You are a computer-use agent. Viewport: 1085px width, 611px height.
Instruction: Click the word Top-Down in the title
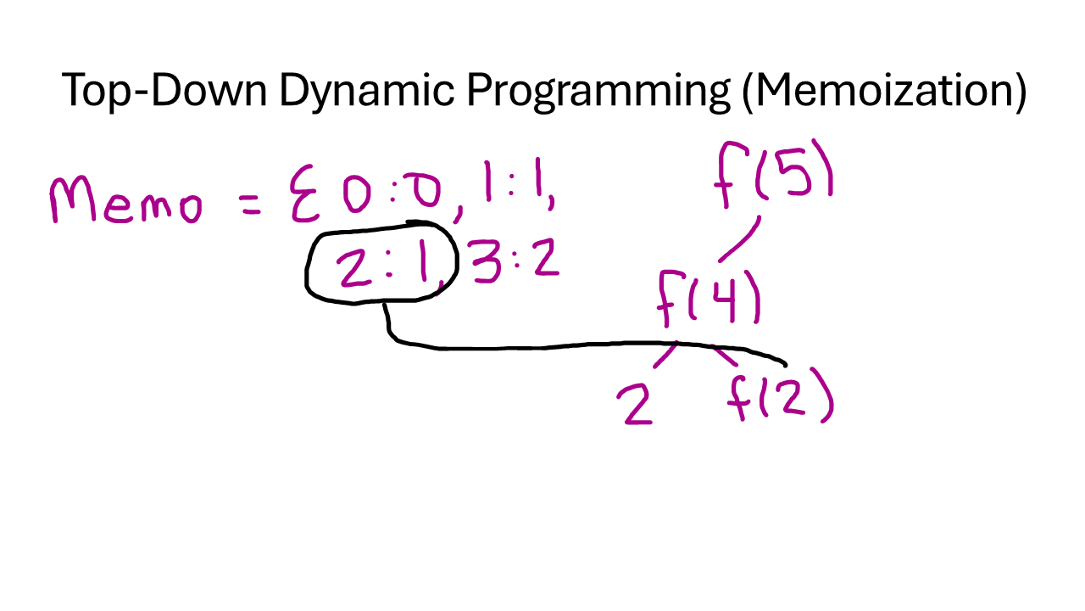point(163,90)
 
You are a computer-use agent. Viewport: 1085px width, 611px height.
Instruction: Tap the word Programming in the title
point(598,90)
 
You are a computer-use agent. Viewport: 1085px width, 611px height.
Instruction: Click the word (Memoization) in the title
point(883,90)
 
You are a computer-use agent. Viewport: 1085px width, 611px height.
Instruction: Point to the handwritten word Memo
point(125,202)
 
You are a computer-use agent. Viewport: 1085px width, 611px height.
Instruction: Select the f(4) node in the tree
point(709,298)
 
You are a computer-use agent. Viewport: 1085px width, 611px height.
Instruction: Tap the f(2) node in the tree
point(781,395)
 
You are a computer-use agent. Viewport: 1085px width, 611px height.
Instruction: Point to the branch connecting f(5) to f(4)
point(740,239)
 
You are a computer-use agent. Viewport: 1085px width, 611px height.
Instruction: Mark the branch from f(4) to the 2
point(665,356)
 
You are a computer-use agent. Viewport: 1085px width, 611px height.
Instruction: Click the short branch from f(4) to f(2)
point(722,355)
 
